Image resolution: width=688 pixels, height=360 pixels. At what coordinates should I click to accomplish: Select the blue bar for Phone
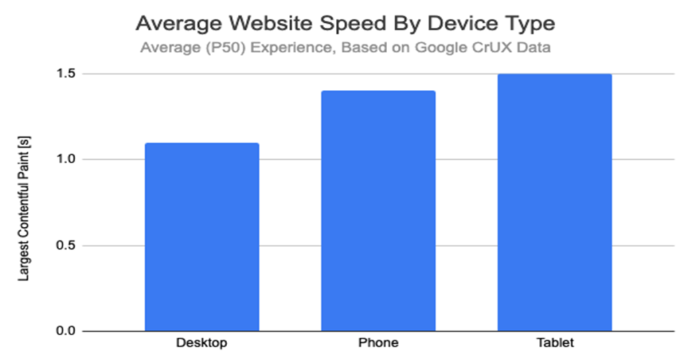tap(378, 211)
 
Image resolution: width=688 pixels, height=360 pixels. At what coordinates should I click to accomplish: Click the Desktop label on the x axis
tap(202, 343)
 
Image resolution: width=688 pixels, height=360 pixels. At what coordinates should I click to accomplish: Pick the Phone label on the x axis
tap(378, 343)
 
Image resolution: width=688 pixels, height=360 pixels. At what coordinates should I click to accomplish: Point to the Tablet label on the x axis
tap(554, 343)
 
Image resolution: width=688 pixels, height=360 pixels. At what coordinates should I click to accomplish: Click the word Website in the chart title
tap(264, 24)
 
